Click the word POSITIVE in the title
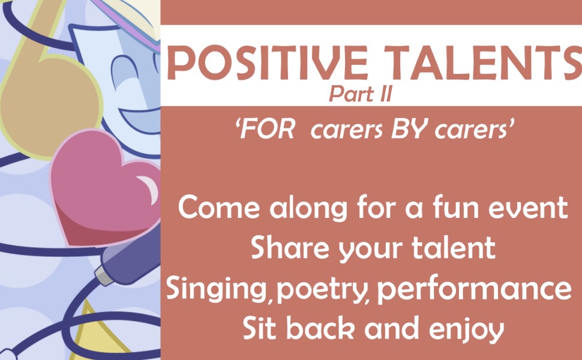pyautogui.click(x=267, y=62)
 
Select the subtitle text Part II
pyautogui.click(x=361, y=94)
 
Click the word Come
pyautogui.click(x=219, y=207)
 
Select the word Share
pyautogui.click(x=290, y=247)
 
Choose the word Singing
pyautogui.click(x=217, y=289)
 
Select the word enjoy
pyautogui.click(x=467, y=329)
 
